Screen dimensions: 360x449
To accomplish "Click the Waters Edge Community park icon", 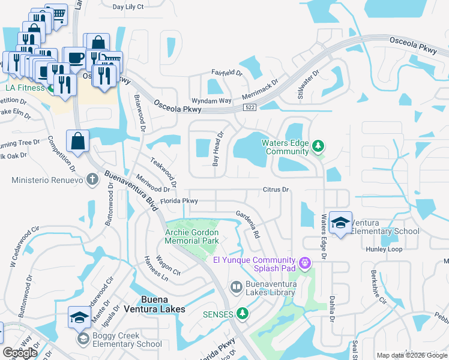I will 318,146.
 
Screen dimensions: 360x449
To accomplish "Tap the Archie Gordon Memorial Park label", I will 192,236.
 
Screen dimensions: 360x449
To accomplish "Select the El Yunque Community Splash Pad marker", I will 306,262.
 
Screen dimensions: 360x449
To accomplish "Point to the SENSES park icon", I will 243,313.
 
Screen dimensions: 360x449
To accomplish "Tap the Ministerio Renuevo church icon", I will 92,179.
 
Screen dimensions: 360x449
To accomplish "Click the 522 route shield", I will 250,107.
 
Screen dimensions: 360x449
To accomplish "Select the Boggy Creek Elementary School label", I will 127,340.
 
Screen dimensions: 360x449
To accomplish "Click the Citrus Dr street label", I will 276,190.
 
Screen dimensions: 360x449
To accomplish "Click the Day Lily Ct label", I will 128,7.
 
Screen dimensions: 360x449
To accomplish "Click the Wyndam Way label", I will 211,101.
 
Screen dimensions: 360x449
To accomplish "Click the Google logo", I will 20,353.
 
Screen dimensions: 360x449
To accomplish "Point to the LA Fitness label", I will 25,88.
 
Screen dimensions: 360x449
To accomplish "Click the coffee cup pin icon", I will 74,58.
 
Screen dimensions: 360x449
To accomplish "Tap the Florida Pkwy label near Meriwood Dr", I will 179,201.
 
